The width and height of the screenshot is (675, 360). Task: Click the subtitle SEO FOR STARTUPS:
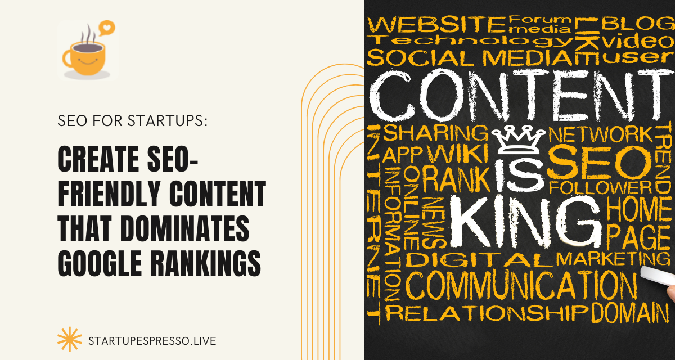click(x=133, y=121)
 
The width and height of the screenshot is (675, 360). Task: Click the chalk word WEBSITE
click(x=436, y=25)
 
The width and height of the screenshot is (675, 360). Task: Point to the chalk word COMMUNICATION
click(x=520, y=286)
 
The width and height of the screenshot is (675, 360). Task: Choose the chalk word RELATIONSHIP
click(x=486, y=313)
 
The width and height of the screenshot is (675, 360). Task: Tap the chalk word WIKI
click(x=456, y=152)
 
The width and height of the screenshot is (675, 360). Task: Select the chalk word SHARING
click(x=435, y=133)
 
